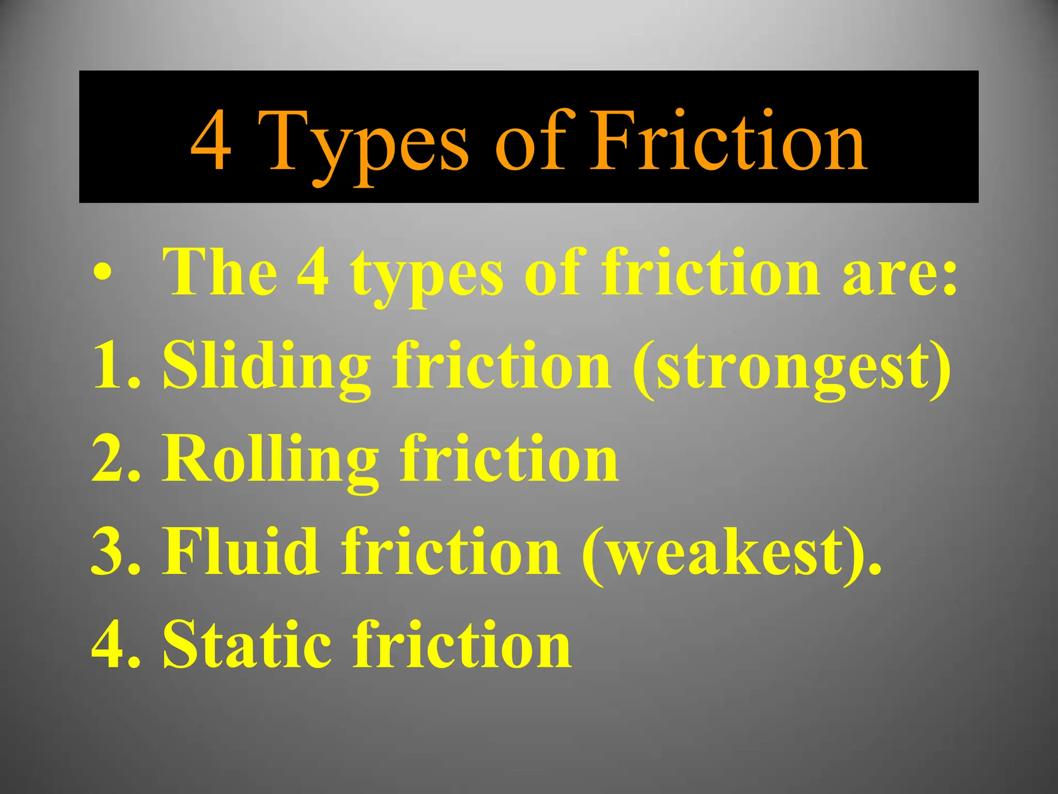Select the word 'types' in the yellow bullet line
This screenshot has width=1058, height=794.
(427, 277)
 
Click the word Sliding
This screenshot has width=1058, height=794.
(267, 368)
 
